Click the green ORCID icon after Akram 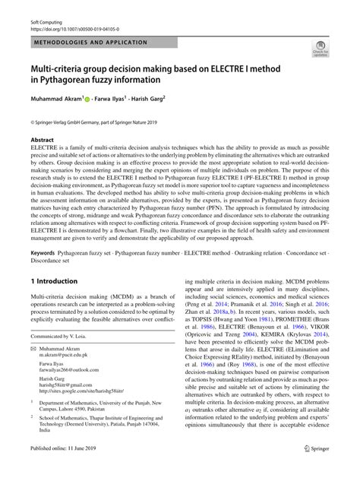click(88, 98)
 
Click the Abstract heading click(42, 141)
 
